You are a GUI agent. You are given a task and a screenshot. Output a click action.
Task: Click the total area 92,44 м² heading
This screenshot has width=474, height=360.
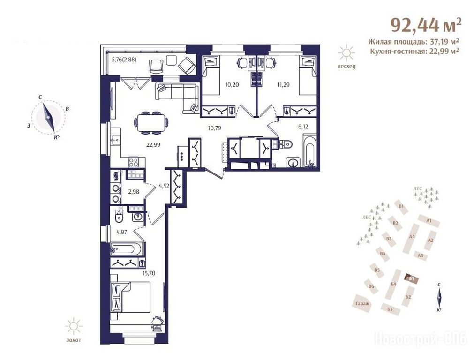coord(426,25)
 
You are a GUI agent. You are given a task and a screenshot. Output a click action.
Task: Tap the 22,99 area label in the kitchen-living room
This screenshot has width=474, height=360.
coord(153,145)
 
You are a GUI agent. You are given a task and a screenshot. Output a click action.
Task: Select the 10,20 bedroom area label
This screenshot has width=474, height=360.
coord(232,85)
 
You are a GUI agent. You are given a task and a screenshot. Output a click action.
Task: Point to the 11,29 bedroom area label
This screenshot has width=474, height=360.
coord(283,85)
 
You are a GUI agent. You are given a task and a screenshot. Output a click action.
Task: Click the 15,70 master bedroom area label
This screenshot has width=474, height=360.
coord(149,273)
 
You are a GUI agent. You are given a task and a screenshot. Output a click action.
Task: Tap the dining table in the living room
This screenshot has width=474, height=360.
coord(151,123)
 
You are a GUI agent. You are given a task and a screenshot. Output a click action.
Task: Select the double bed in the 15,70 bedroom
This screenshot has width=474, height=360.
coord(131,297)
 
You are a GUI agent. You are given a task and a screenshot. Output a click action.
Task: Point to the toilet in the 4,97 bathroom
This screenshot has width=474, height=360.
coord(120,215)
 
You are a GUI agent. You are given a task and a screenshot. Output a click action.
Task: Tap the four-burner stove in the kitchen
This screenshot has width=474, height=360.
coord(134,162)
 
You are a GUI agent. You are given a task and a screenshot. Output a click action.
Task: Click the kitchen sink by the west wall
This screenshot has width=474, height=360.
coord(115,139)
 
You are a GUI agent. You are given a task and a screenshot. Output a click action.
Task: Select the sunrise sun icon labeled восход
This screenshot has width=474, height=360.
coord(346,53)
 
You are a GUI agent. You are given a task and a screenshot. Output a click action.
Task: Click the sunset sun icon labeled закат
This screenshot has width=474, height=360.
coord(74,327)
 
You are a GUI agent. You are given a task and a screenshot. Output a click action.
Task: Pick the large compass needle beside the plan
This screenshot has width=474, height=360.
coord(48,118)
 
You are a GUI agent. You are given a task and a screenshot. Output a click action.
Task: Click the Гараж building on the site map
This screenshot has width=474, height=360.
coord(363,303)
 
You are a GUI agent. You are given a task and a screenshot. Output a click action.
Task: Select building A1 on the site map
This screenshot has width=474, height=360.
coord(429,221)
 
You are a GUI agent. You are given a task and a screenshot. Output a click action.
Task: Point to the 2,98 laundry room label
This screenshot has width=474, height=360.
coord(134,191)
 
